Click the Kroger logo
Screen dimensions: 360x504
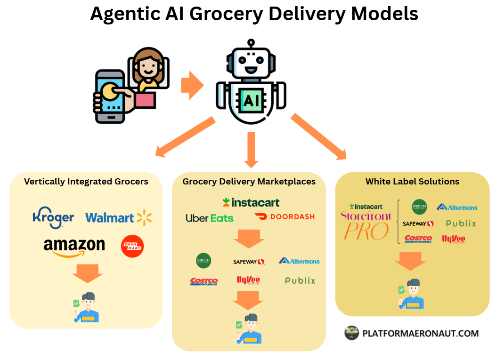[x=53, y=218]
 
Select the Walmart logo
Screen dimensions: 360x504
[x=118, y=217]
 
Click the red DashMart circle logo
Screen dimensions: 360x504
[x=132, y=246]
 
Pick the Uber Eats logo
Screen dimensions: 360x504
[x=209, y=218]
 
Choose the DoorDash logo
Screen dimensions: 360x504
[x=285, y=216]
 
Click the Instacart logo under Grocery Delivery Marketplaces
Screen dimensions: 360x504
[x=251, y=202]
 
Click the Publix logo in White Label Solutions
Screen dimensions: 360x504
[x=461, y=224]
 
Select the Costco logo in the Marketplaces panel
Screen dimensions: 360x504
[x=204, y=281]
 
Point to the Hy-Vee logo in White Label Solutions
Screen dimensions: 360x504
[x=453, y=239]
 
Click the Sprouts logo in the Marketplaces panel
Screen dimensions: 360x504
[x=203, y=261]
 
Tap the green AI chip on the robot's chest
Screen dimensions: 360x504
[x=251, y=99]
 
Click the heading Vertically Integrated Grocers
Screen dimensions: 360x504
[x=86, y=181]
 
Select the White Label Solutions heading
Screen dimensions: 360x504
[x=412, y=181]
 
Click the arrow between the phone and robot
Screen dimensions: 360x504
[x=192, y=85]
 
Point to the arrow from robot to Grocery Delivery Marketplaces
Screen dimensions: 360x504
[x=251, y=150]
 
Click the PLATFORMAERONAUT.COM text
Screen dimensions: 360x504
[x=420, y=334]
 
